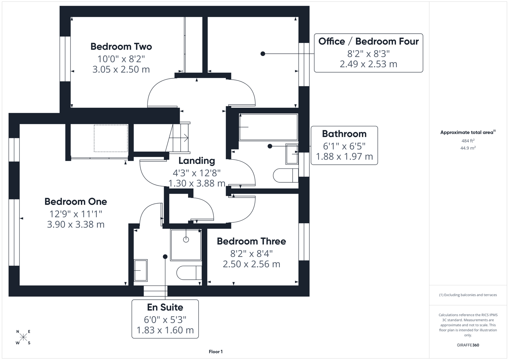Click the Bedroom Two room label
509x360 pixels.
(x=121, y=46)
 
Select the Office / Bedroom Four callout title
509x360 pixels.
(x=368, y=41)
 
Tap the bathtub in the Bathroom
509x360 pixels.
(x=268, y=127)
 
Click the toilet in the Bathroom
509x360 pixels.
(x=285, y=175)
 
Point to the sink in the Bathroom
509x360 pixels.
(x=292, y=154)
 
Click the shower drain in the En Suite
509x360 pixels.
(x=186, y=239)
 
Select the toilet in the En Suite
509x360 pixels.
(x=189, y=273)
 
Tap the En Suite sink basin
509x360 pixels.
(x=140, y=270)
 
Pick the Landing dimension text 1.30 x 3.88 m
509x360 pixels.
(x=197, y=183)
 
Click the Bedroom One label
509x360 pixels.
(x=76, y=202)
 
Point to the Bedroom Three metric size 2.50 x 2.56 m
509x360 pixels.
(x=251, y=264)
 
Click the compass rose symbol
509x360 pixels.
(x=23, y=337)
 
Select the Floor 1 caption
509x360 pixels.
(x=216, y=352)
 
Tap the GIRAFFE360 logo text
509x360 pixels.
(x=468, y=345)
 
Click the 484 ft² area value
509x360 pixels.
(x=468, y=141)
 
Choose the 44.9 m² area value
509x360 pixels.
(x=468, y=148)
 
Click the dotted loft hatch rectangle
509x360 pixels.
(x=111, y=138)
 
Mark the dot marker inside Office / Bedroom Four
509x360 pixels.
(x=263, y=54)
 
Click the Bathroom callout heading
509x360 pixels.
(x=344, y=134)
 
